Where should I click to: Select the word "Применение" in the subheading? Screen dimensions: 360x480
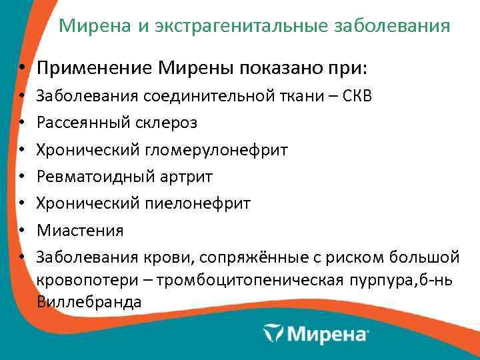click(95, 69)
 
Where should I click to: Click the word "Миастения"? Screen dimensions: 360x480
click(80, 231)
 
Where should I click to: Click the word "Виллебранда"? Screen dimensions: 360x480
click(89, 301)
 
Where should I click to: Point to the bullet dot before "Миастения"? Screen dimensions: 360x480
click(22, 231)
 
